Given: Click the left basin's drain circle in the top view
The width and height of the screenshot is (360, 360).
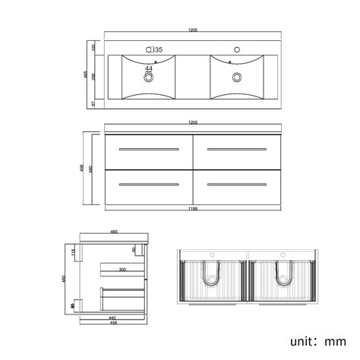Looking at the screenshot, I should [149, 76].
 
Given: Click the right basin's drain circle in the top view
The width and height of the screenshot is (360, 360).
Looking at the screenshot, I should [238, 76].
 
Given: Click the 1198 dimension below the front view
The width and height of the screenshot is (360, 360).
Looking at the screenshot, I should [194, 207].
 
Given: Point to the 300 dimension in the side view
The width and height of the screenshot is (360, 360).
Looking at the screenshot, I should [122, 269].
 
